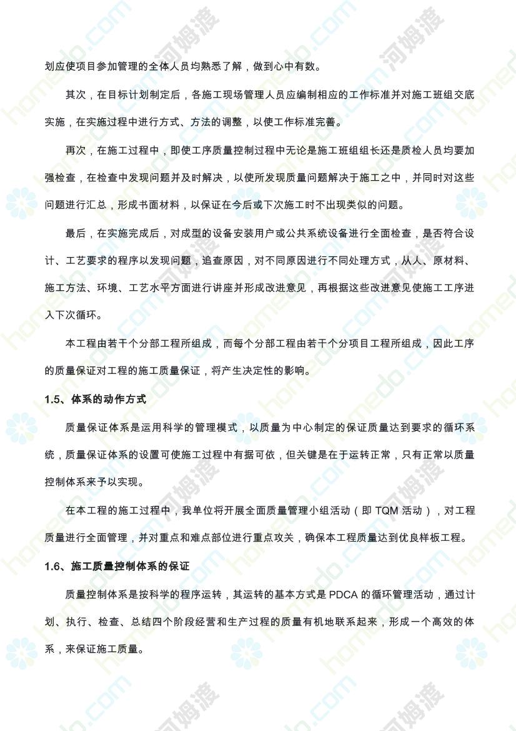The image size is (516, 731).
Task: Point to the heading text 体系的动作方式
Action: coord(109,400)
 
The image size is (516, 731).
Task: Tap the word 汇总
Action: coord(109,205)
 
